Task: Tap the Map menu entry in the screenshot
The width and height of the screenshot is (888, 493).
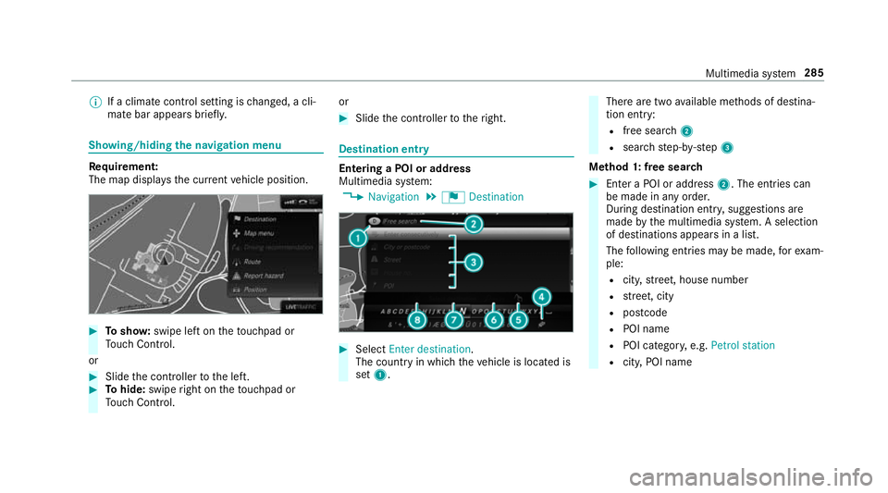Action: [260, 233]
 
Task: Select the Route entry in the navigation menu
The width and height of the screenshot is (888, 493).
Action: [253, 261]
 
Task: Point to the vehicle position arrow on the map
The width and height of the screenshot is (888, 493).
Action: [163, 262]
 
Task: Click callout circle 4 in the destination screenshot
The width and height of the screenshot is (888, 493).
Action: [541, 297]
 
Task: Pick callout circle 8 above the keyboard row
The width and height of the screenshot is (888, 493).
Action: [418, 319]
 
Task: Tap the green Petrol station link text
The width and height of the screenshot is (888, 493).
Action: [745, 345]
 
